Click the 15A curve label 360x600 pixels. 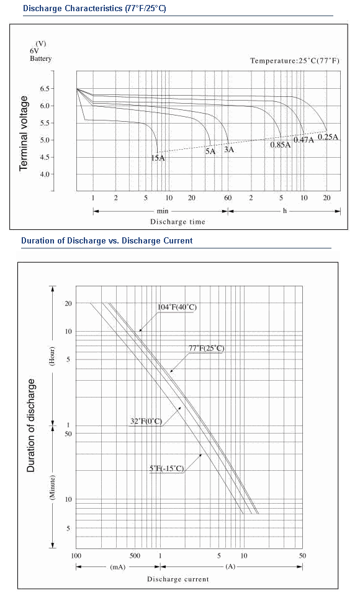pos(158,158)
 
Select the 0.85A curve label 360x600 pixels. pos(280,145)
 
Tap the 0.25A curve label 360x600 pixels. pos(328,137)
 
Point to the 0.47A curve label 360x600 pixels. pos(304,140)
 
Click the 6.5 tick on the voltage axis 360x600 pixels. pos(45,89)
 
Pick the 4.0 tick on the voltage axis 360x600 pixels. pos(45,175)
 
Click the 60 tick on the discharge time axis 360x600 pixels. pos(228,198)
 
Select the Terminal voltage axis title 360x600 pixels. pos(24,133)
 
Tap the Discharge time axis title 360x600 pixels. pos(178,222)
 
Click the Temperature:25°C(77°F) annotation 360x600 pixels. pos(295,61)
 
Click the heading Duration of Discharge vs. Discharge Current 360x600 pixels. pos(107,241)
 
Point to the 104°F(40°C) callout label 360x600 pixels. pos(177,307)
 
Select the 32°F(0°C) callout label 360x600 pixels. pos(146,421)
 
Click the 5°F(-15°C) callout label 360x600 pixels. pos(167,468)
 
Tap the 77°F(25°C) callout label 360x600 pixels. pos(206,348)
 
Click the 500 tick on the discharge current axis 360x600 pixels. pos(135,556)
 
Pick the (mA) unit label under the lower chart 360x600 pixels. pos(117,566)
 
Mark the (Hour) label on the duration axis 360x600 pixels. pos(52,357)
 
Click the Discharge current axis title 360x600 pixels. pos(178,580)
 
